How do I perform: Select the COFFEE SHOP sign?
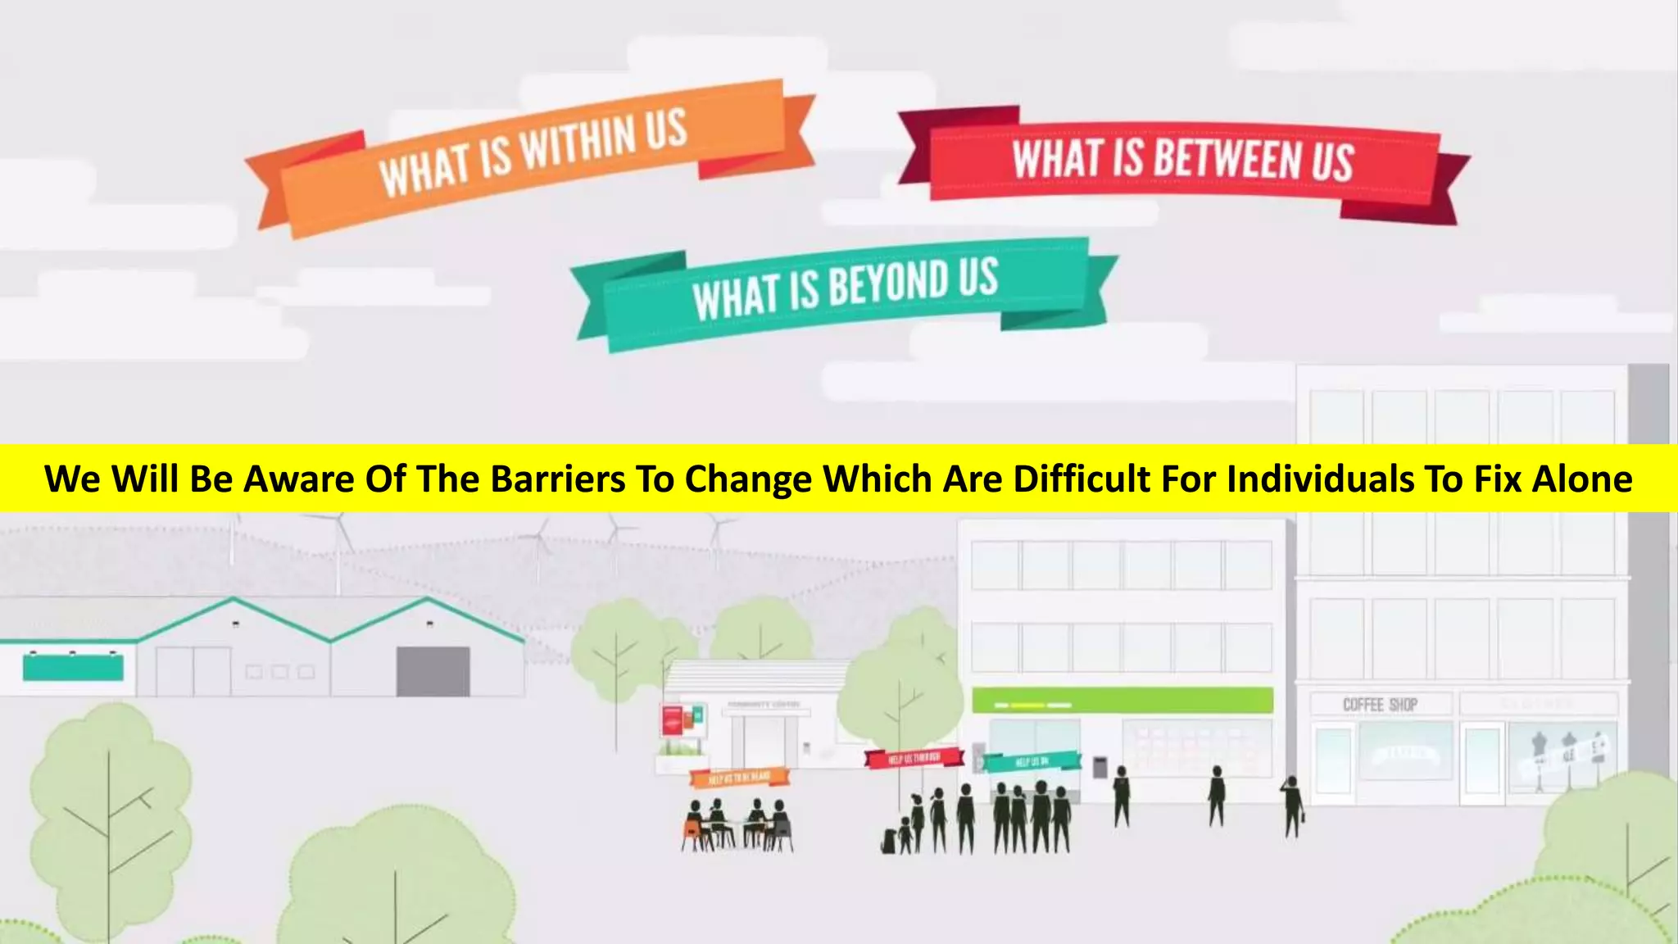(1380, 705)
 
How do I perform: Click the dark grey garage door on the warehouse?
(433, 671)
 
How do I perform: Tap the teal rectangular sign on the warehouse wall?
(73, 667)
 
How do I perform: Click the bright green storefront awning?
(1122, 701)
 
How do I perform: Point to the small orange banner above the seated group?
(739, 776)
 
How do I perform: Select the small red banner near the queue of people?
(914, 758)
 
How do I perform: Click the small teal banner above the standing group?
(1031, 762)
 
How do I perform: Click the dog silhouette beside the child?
(889, 841)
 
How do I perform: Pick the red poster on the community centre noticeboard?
(673, 721)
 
